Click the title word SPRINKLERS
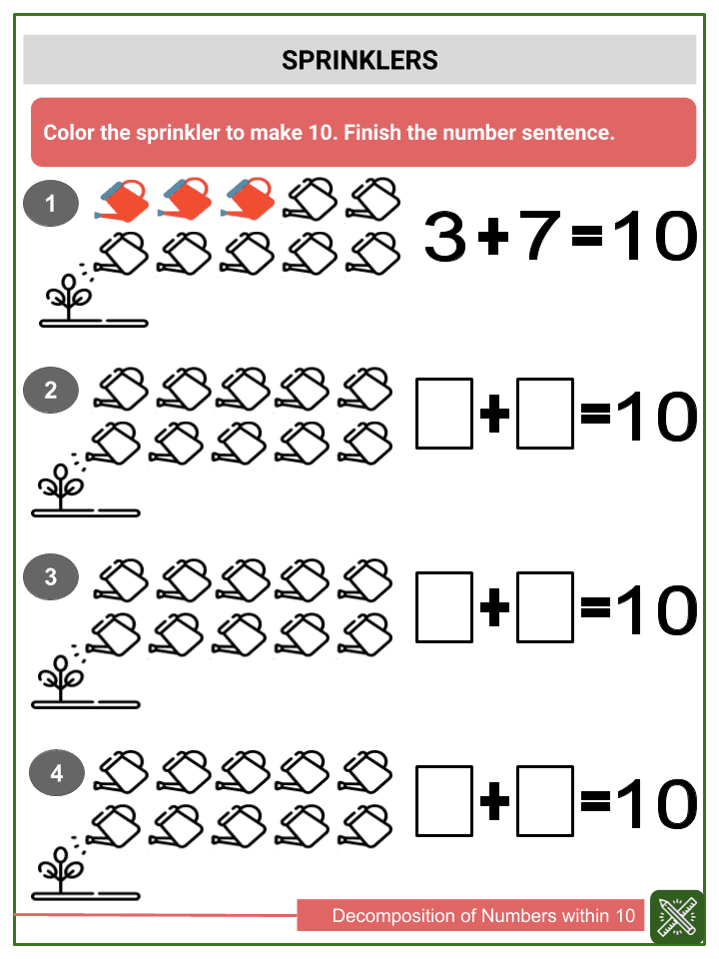point(359,61)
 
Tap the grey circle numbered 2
point(50,391)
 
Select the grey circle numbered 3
point(50,576)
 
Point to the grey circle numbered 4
point(56,773)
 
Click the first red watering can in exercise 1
point(122,199)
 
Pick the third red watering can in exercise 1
point(247,199)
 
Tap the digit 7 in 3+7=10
point(540,237)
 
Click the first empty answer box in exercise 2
point(444,412)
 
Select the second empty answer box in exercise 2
point(545,412)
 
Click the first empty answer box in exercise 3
point(444,606)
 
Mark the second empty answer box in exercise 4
point(545,800)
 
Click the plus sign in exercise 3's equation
point(494,608)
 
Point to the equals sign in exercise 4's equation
point(595,800)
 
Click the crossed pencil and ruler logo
point(677,916)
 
